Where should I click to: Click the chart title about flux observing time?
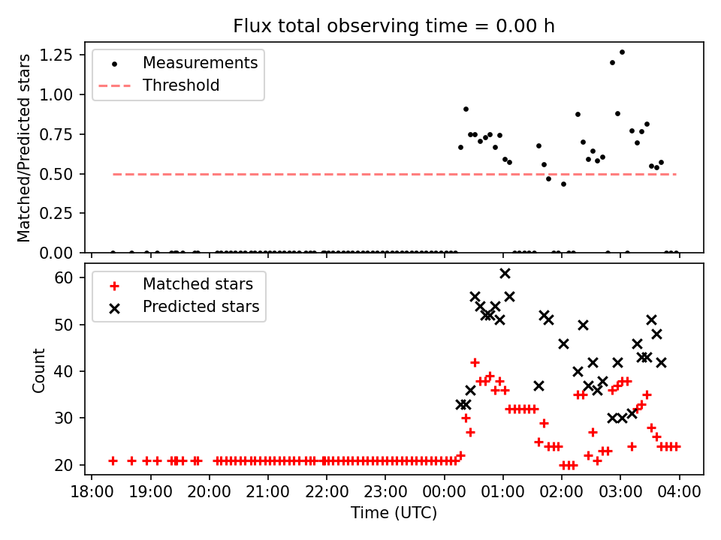pos(394,26)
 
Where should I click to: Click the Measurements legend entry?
pos(200,63)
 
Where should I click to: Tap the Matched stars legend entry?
pos(198,285)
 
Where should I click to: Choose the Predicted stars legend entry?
pos(201,307)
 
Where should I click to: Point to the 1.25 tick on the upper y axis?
pos(66,55)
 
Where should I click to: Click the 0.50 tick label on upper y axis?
pos(66,174)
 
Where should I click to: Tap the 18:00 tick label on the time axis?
pos(92,492)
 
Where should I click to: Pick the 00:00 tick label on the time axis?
pos(444,492)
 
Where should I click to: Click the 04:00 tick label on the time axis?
pos(679,492)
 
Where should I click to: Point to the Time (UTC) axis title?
pos(394,514)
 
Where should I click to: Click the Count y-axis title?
pos(38,370)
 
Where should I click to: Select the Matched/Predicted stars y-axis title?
pos(25,148)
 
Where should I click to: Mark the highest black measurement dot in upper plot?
pos(622,52)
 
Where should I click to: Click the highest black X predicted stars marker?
pos(505,273)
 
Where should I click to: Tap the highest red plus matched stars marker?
pos(475,362)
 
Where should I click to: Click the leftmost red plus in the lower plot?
pos(113,460)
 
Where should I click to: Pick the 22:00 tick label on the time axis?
pos(327,492)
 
